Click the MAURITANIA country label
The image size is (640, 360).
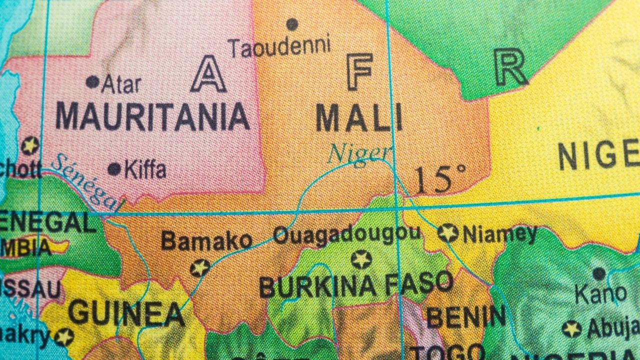click(152, 117)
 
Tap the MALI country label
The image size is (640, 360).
click(358, 119)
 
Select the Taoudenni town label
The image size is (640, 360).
click(280, 46)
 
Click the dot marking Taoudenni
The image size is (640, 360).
click(292, 23)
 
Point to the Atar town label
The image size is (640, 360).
click(121, 84)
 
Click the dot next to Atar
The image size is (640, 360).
click(92, 81)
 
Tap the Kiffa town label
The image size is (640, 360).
click(145, 170)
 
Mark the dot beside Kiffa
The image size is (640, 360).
click(114, 169)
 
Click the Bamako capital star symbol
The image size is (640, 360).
click(200, 268)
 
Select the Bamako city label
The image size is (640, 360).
click(206, 241)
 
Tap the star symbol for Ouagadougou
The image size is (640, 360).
click(361, 259)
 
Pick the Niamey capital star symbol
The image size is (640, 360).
click(447, 233)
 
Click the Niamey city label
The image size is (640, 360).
click(499, 234)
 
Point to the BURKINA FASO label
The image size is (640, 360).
click(356, 285)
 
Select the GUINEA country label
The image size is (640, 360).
click(126, 313)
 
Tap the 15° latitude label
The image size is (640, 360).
click(439, 179)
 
